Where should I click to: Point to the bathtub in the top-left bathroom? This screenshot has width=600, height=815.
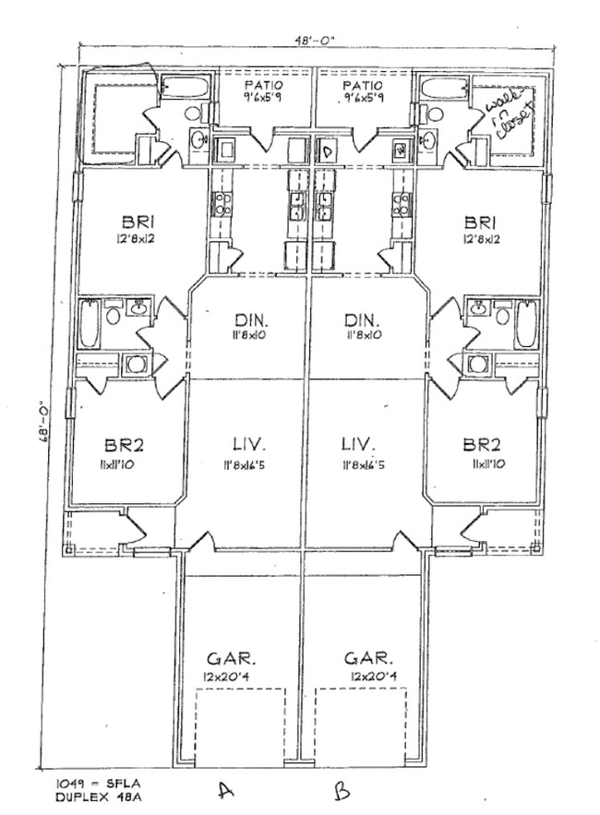tap(187, 90)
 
